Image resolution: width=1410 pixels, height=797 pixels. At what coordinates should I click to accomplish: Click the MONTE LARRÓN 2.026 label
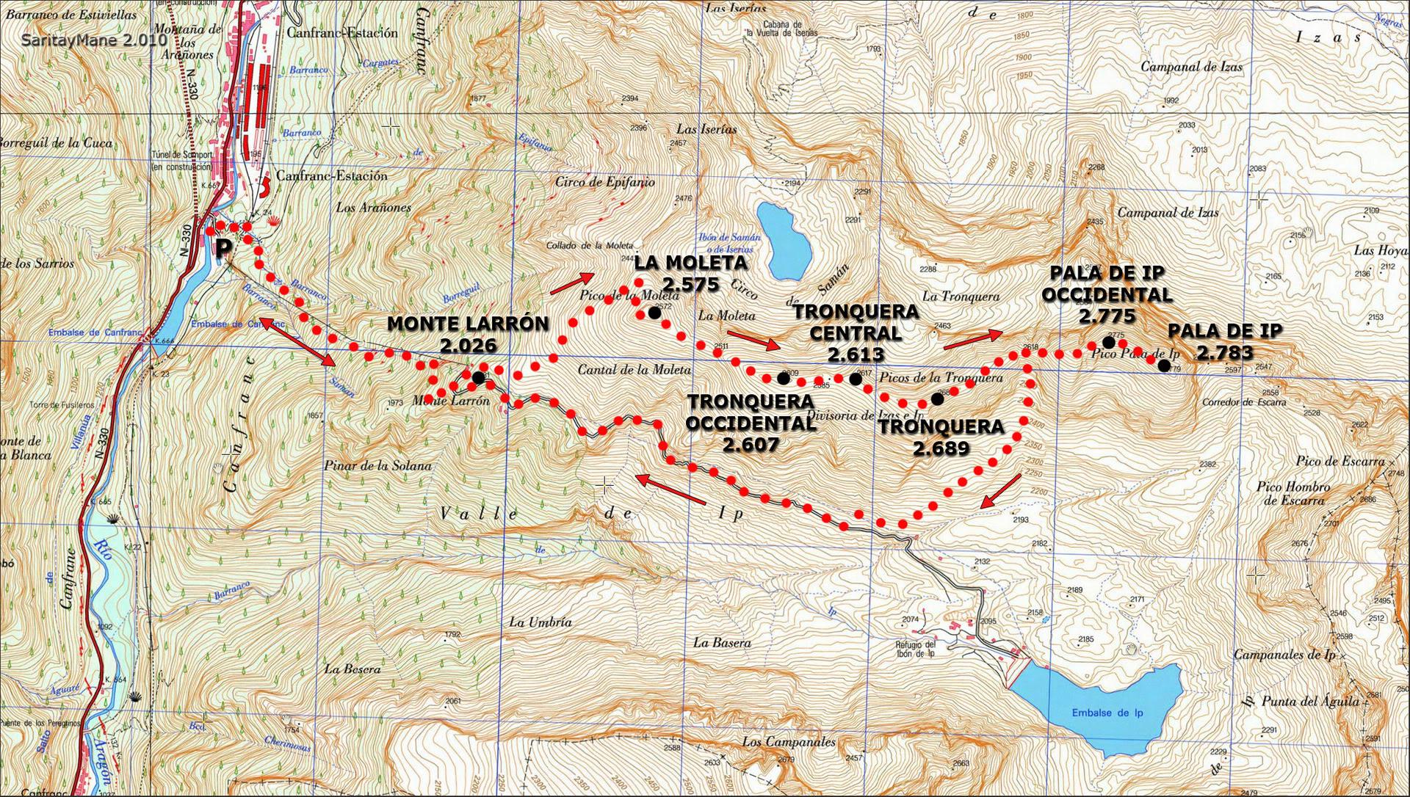pyautogui.click(x=467, y=334)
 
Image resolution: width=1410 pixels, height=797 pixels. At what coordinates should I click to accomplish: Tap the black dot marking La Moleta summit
pyautogui.click(x=654, y=312)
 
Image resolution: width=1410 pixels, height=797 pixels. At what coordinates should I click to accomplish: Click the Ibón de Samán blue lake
pyautogui.click(x=784, y=241)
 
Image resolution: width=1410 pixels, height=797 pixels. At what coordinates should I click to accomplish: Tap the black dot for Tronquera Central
pyautogui.click(x=855, y=379)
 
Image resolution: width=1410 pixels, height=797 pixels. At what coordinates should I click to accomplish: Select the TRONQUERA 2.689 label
pyautogui.click(x=941, y=437)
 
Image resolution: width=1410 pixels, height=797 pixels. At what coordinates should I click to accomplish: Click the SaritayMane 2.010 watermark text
pyautogui.click(x=94, y=40)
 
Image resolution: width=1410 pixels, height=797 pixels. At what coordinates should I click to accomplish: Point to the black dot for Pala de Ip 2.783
pyautogui.click(x=1163, y=365)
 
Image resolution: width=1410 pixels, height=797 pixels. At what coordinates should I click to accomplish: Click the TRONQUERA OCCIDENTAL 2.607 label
pyautogui.click(x=750, y=422)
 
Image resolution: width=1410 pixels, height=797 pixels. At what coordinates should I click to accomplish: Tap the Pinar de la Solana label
pyautogui.click(x=377, y=465)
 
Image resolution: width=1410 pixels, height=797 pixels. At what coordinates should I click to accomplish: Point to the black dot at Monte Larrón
pyautogui.click(x=478, y=376)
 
